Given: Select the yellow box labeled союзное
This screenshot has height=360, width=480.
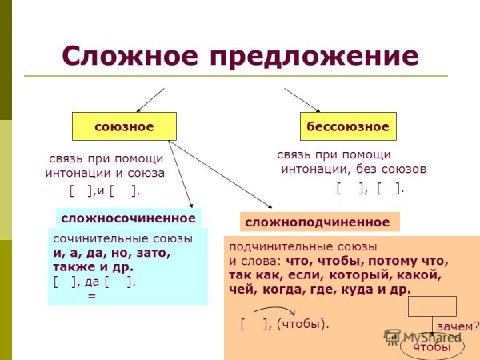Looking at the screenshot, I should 124,126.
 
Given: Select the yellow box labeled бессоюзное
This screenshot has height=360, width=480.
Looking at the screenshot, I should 349,126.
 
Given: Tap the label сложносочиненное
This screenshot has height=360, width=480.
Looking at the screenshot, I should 128,218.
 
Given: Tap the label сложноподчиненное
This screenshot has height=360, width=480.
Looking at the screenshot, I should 318,222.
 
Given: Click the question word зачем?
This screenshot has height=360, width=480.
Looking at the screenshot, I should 458,326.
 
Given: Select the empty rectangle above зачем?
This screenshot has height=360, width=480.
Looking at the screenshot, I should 432,306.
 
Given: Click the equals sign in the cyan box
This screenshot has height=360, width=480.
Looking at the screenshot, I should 91,295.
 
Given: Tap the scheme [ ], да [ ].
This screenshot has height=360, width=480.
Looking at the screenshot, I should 94,281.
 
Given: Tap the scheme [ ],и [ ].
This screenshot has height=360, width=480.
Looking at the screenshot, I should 105,190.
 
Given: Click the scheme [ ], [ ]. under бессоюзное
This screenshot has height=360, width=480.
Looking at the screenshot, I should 370,188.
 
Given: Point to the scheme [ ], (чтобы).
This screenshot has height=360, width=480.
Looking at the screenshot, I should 285,324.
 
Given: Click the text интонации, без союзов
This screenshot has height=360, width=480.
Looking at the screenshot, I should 353,169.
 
